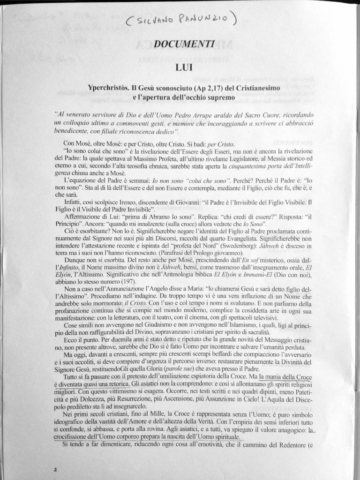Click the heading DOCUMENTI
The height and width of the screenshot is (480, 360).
[x=184, y=44]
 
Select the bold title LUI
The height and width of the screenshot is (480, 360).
[x=183, y=67]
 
